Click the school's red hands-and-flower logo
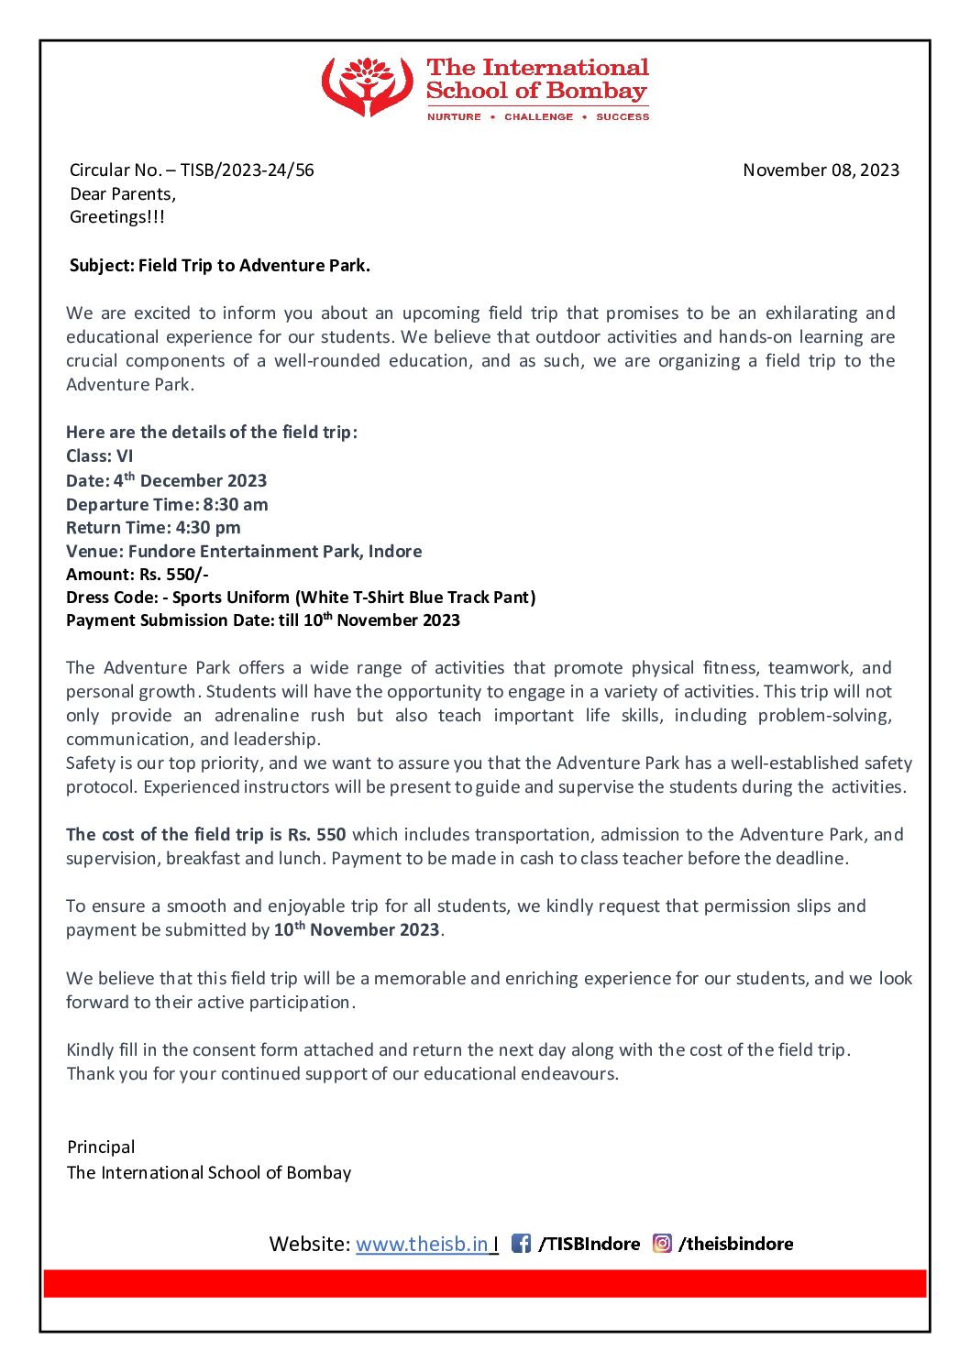(367, 86)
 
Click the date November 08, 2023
(821, 170)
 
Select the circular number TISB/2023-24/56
(247, 170)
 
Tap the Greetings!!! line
(117, 217)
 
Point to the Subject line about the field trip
(220, 266)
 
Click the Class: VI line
(100, 456)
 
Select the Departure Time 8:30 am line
(167, 504)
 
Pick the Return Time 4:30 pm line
(153, 528)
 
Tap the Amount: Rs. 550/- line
(138, 575)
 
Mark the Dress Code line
(301, 598)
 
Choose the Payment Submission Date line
(263, 620)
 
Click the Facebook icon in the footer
(521, 1244)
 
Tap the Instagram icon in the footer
(662, 1244)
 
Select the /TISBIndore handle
(590, 1244)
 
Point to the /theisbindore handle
(736, 1244)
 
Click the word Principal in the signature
(101, 1147)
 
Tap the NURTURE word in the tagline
(454, 117)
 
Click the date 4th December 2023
(190, 480)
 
